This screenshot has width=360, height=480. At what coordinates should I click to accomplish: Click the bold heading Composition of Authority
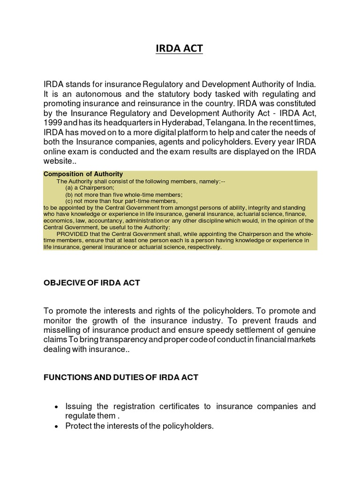83,174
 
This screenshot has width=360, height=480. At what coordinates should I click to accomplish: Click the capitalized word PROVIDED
73,234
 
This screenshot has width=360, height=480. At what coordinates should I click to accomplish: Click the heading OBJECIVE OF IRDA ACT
91,283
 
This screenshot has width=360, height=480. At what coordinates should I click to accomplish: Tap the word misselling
61,330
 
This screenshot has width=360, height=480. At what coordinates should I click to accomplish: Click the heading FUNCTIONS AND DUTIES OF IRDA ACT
121,378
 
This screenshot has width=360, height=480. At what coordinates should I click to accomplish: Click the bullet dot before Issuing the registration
56,406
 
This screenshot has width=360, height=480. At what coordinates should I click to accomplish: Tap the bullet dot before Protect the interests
56,426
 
